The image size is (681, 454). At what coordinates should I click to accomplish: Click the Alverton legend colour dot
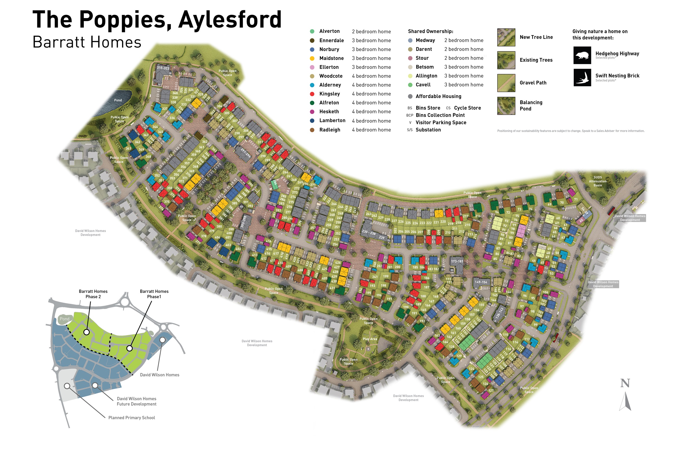(x=312, y=31)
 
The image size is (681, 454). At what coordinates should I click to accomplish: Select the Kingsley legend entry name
(x=329, y=94)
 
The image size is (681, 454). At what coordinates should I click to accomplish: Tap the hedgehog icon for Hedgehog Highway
(x=582, y=55)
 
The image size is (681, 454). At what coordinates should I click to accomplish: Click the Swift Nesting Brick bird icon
(x=582, y=78)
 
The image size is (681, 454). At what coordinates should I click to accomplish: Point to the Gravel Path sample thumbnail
(x=506, y=83)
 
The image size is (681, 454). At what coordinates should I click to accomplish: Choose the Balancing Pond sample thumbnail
(x=506, y=106)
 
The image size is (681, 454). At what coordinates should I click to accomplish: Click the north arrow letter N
(x=625, y=383)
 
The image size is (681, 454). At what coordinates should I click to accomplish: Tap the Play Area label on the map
(x=370, y=339)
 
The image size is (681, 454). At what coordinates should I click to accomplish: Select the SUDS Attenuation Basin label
(x=597, y=181)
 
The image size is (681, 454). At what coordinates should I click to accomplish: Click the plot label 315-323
(x=163, y=68)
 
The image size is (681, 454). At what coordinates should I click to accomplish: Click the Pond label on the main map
(x=118, y=100)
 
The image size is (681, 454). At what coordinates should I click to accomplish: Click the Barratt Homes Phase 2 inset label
(x=93, y=294)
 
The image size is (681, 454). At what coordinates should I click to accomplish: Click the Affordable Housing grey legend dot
(x=410, y=96)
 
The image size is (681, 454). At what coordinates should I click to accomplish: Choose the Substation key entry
(x=428, y=130)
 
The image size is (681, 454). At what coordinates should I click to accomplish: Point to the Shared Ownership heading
(x=430, y=31)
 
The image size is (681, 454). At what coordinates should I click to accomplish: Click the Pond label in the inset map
(x=65, y=319)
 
